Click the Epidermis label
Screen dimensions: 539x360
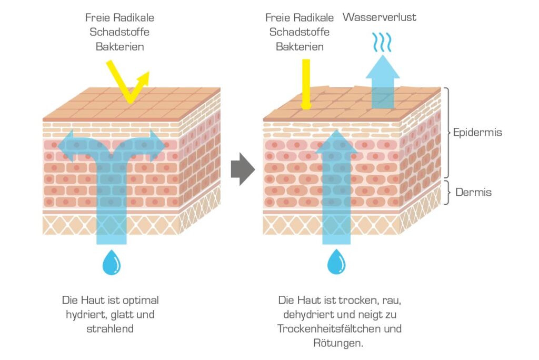pyautogui.click(x=477, y=133)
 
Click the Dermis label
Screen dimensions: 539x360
pyautogui.click(x=473, y=192)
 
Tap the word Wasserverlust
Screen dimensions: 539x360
pyautogui.click(x=380, y=17)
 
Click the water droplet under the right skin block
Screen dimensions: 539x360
pyautogui.click(x=336, y=262)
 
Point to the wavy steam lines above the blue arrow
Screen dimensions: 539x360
pyautogui.click(x=382, y=42)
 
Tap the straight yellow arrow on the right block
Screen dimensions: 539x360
pyautogui.click(x=306, y=84)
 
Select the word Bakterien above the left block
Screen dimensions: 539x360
pyautogui.click(x=119, y=47)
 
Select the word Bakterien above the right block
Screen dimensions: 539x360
pyautogui.click(x=300, y=47)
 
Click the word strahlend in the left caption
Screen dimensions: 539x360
pyautogui.click(x=110, y=329)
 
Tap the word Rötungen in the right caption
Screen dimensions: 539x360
pyautogui.click(x=338, y=343)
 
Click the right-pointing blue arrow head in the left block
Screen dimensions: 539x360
pyautogui.click(x=157, y=146)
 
